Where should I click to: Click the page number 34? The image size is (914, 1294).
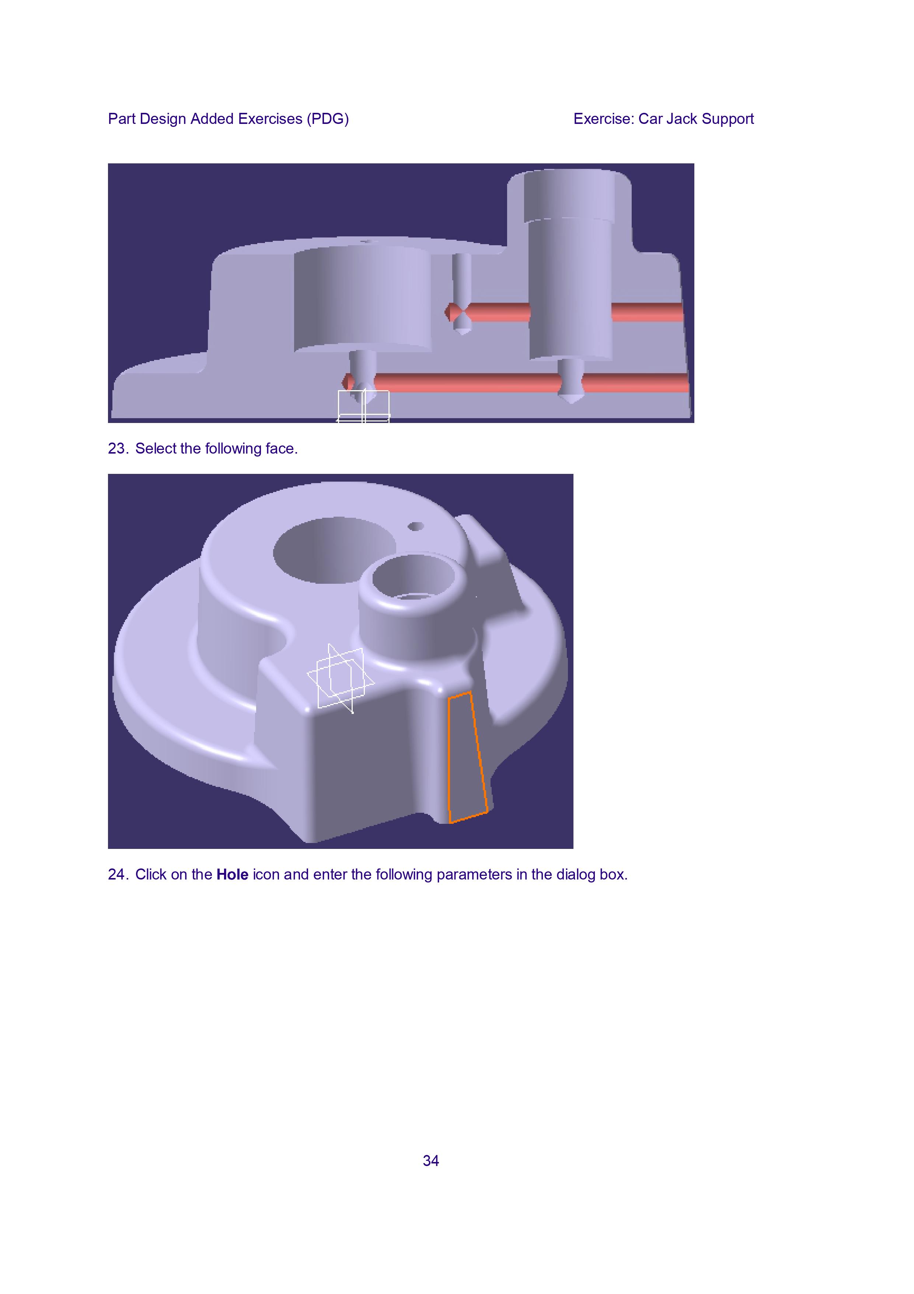click(431, 1161)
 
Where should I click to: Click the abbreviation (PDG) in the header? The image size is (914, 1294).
click(328, 119)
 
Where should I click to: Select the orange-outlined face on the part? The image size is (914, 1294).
click(467, 757)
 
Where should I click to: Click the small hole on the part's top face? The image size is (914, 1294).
click(416, 526)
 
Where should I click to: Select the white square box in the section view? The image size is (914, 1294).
click(363, 406)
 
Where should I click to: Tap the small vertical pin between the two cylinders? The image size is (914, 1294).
click(462, 293)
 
